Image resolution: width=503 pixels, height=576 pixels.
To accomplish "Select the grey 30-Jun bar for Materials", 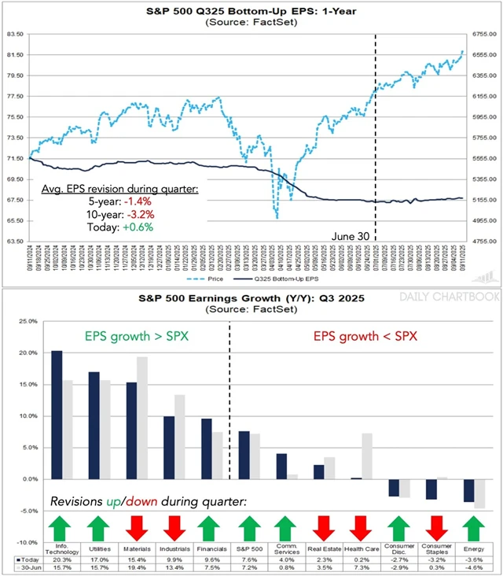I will coord(142,418).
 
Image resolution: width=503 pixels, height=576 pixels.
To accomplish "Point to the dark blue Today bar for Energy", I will coord(469,490).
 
